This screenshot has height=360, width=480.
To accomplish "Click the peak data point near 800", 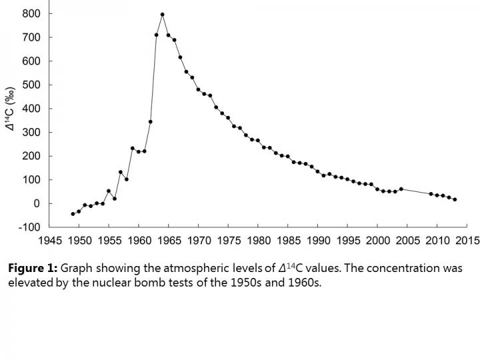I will [x=163, y=14].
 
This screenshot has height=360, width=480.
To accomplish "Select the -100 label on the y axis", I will [x=29, y=227].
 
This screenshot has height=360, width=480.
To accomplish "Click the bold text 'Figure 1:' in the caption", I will [x=33, y=269].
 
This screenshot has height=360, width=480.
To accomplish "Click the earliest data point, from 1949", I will [x=73, y=214].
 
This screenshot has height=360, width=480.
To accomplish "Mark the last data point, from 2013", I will [x=455, y=199].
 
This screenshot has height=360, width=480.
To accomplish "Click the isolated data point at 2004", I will [x=401, y=189].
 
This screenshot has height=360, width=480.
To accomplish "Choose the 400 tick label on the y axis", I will [x=31, y=109].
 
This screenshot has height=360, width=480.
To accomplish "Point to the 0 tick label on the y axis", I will [x=37, y=203].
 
